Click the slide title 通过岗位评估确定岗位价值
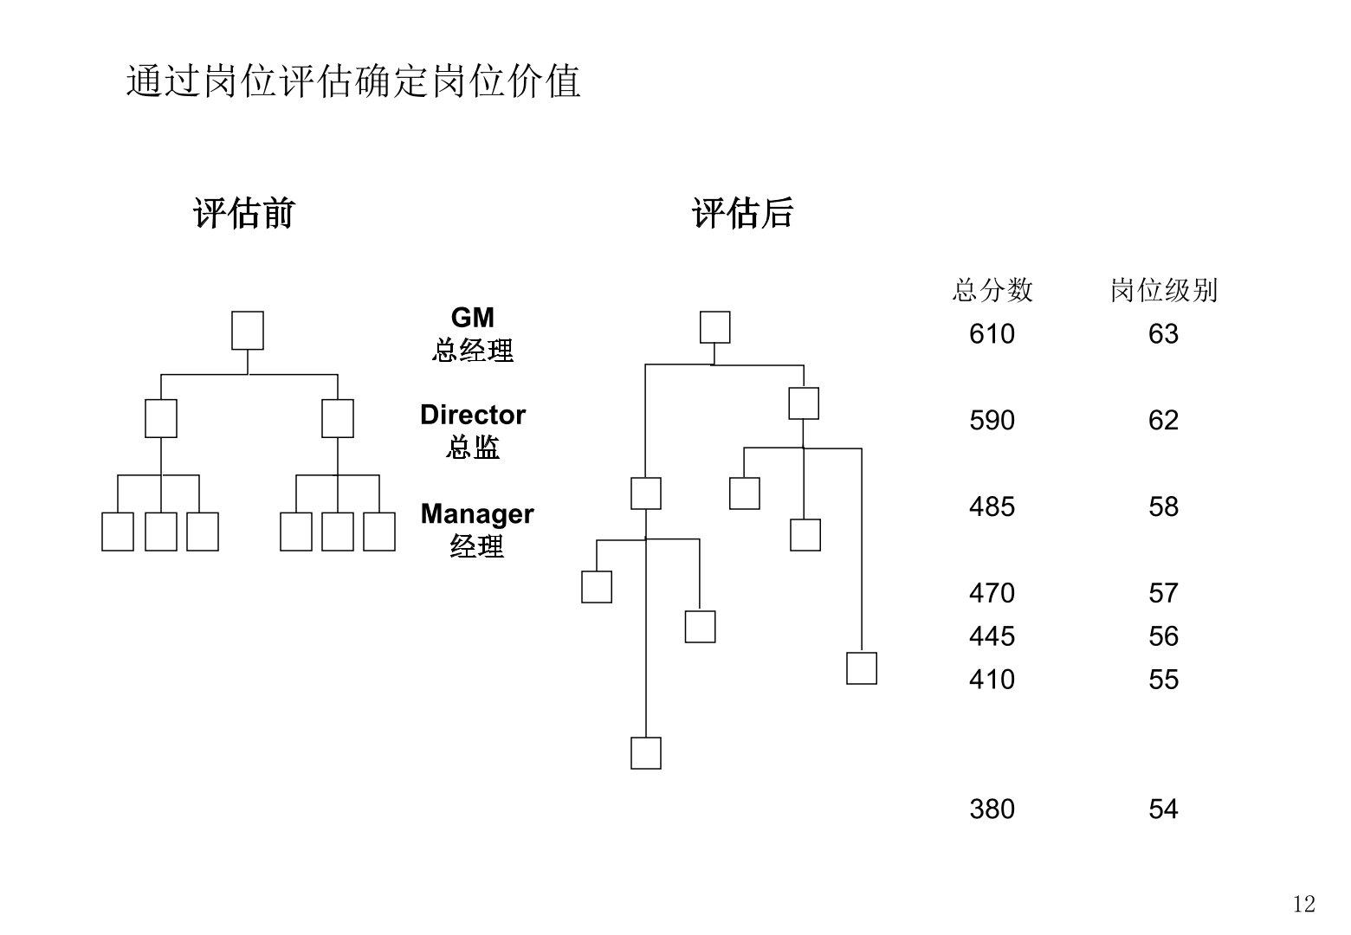pyautogui.click(x=353, y=81)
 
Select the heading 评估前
pyautogui.click(x=243, y=213)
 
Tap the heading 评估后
pyautogui.click(x=742, y=213)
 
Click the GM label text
pyautogui.click(x=472, y=318)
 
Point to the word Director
pyautogui.click(x=472, y=415)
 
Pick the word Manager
pyautogui.click(x=476, y=513)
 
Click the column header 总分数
pyautogui.click(x=992, y=290)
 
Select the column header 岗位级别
pyautogui.click(x=1163, y=290)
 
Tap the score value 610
pyautogui.click(x=992, y=334)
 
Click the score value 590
pyautogui.click(x=992, y=421)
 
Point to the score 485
pyautogui.click(x=992, y=506)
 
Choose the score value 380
pyautogui.click(x=992, y=809)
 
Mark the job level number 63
pyautogui.click(x=1163, y=334)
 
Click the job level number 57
pyautogui.click(x=1163, y=593)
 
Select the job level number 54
pyautogui.click(x=1163, y=809)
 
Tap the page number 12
pyautogui.click(x=1303, y=905)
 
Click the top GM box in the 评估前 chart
pyautogui.click(x=248, y=331)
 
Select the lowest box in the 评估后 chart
pyautogui.click(x=646, y=753)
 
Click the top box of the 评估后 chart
pyautogui.click(x=715, y=327)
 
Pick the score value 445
pyautogui.click(x=992, y=636)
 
